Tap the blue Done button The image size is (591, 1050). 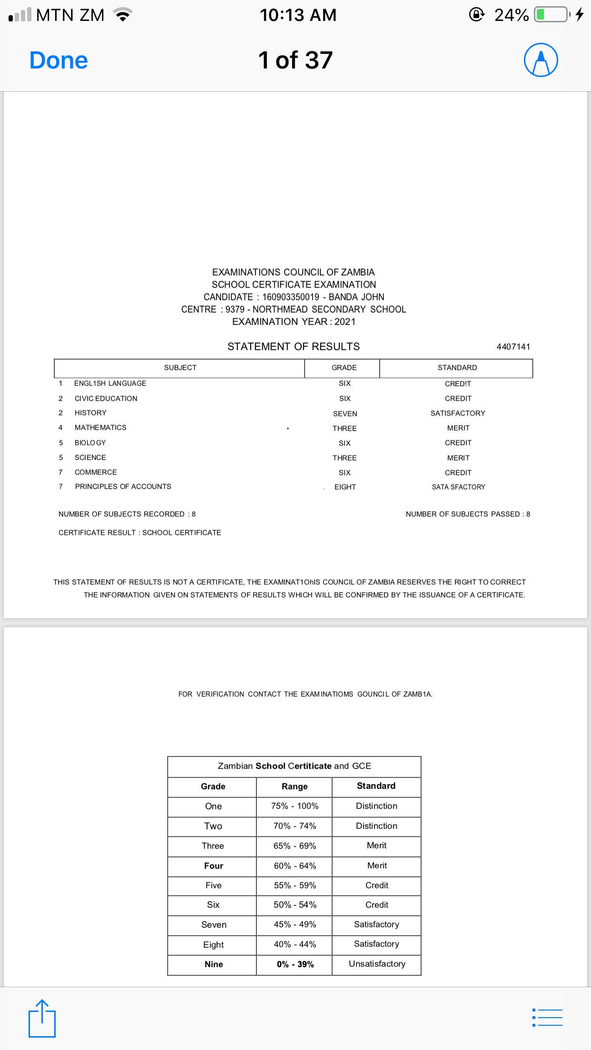(x=59, y=60)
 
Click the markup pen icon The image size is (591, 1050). (x=541, y=60)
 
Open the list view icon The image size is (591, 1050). (x=547, y=1018)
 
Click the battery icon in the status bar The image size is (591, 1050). (x=552, y=15)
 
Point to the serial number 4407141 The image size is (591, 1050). (x=513, y=347)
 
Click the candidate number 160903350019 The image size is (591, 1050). (x=291, y=297)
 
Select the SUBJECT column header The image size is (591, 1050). (x=180, y=368)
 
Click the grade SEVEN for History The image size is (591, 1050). (x=345, y=414)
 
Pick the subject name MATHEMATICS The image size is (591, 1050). (x=100, y=428)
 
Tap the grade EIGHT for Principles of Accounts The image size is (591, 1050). (x=345, y=487)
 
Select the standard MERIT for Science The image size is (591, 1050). (x=458, y=458)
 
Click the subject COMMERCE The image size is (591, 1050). (x=96, y=472)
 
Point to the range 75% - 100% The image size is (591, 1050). (x=295, y=806)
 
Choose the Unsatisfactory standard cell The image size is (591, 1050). (x=377, y=964)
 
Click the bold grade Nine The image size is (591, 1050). (x=214, y=964)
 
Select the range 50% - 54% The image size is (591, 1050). (x=295, y=905)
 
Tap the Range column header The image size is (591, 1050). (x=295, y=787)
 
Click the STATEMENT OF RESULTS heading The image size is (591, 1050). (x=294, y=347)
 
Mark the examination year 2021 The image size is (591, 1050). (x=345, y=321)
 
